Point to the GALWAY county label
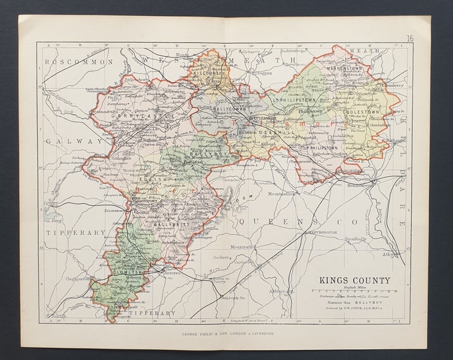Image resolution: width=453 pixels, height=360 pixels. (65, 141)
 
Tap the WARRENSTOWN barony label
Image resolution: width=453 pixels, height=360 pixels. (349, 69)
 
